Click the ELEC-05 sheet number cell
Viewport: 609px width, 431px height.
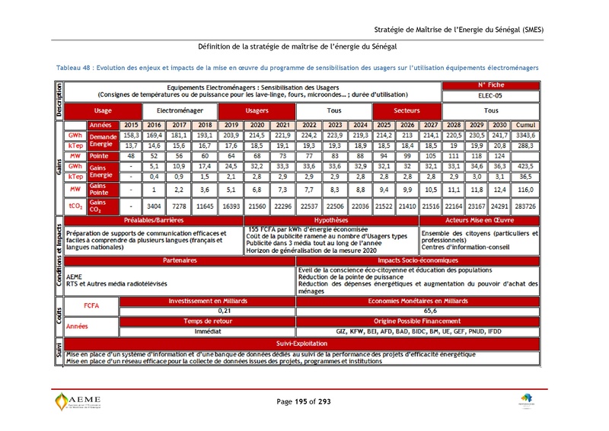pyautogui.click(x=490, y=97)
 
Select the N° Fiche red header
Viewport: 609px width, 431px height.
pyautogui.click(x=490, y=86)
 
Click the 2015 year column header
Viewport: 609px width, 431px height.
pyautogui.click(x=131, y=125)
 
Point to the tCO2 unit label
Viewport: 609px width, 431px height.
pyautogui.click(x=75, y=206)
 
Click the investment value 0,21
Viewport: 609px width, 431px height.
pyautogui.click(x=224, y=311)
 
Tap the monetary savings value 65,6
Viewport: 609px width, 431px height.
pyautogui.click(x=429, y=311)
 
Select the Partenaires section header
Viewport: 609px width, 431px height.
pyautogui.click(x=180, y=260)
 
